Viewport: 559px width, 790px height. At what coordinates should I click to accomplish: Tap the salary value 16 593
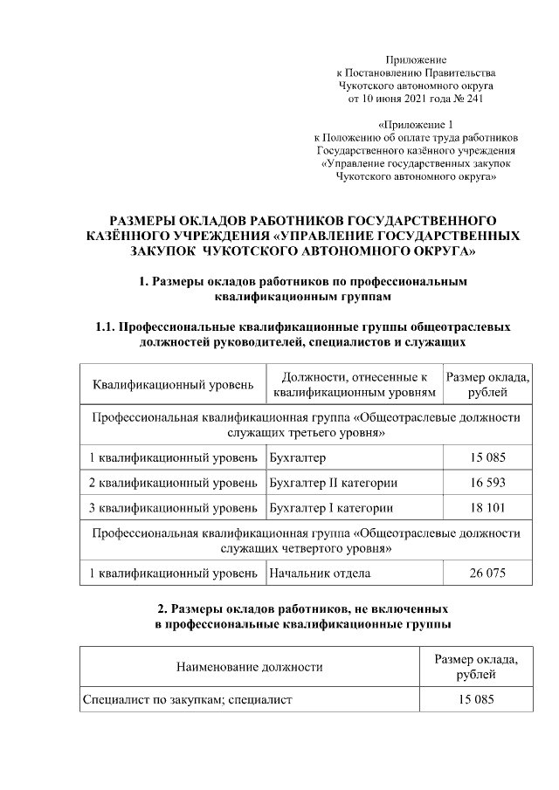(487, 482)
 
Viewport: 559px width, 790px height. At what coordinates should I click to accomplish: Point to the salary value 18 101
(487, 508)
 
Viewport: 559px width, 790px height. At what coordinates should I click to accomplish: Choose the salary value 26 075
(487, 574)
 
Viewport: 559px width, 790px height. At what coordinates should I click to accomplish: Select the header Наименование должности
(250, 667)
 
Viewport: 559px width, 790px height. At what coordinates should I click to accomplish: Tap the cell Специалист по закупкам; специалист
(187, 699)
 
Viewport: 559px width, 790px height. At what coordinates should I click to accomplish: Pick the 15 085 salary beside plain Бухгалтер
(487, 457)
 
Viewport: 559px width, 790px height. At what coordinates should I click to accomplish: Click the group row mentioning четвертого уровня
(306, 540)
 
